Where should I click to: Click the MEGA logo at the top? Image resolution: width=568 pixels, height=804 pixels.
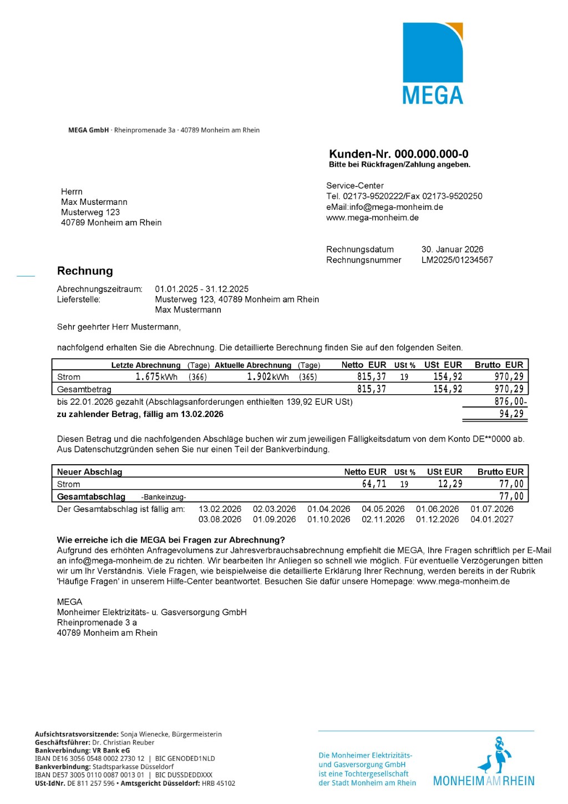pyautogui.click(x=433, y=63)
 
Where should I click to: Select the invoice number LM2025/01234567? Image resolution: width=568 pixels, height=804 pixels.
pyautogui.click(x=457, y=260)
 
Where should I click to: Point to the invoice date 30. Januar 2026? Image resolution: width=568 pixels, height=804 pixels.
pyautogui.click(x=452, y=249)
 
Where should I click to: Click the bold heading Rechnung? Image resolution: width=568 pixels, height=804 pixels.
pyautogui.click(x=85, y=271)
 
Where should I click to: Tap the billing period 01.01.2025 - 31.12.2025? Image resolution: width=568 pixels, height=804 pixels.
pyautogui.click(x=202, y=289)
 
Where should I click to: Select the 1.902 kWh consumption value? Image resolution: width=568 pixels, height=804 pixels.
pyautogui.click(x=267, y=376)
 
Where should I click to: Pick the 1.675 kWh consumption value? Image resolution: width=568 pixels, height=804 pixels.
pyautogui.click(x=156, y=376)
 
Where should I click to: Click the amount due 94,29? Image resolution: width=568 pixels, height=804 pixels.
pyautogui.click(x=511, y=414)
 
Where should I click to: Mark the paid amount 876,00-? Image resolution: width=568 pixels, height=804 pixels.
pyautogui.click(x=510, y=401)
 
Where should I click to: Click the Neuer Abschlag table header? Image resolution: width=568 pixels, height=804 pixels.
pyautogui.click(x=89, y=472)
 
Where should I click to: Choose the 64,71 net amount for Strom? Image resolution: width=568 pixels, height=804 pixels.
pyautogui.click(x=374, y=484)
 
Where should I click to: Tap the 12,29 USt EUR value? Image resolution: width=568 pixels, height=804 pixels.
pyautogui.click(x=450, y=484)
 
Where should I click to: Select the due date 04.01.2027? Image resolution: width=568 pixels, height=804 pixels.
pyautogui.click(x=491, y=519)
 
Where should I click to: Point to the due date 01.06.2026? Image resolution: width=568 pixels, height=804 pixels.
pyautogui.click(x=437, y=509)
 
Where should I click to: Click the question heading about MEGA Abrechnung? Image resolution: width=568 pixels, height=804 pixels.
pyautogui.click(x=171, y=540)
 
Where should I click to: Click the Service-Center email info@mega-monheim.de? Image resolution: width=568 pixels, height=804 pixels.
pyautogui.click(x=396, y=207)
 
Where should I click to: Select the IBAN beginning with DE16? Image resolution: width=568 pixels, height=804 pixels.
pyautogui.click(x=89, y=758)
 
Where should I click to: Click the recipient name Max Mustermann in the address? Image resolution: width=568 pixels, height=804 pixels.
pyautogui.click(x=94, y=202)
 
